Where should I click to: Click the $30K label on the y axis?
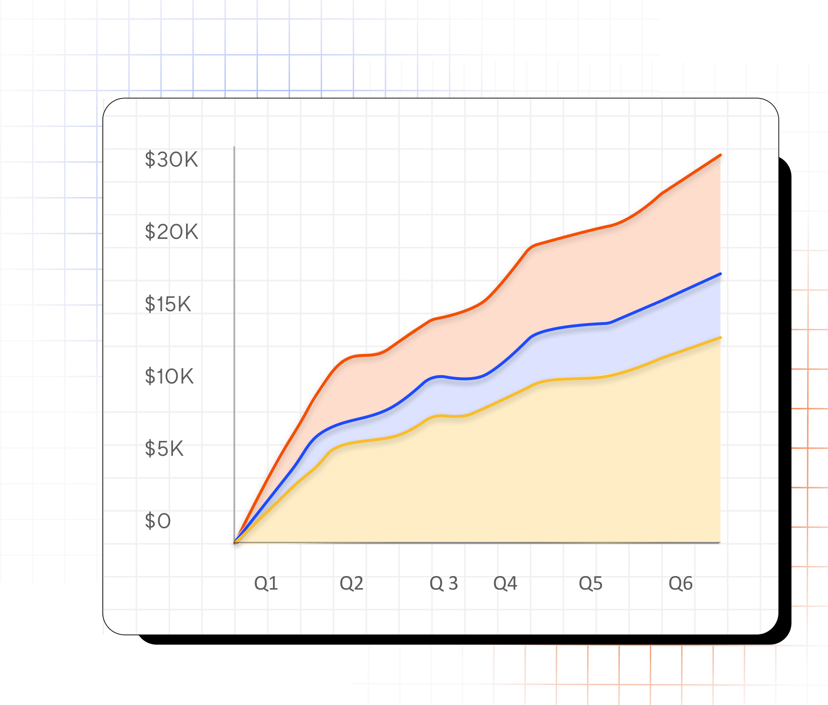click(x=171, y=160)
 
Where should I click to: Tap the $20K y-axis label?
click(x=171, y=232)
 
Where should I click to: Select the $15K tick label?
click(x=168, y=304)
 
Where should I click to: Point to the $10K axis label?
click(x=169, y=377)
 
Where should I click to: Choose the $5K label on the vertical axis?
click(x=164, y=449)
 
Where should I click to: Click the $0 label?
click(x=158, y=521)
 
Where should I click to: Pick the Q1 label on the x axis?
click(x=266, y=583)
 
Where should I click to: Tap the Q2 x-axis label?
click(x=351, y=583)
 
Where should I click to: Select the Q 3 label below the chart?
click(x=443, y=583)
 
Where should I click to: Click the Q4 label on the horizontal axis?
click(x=505, y=583)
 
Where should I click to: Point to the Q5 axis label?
click(x=591, y=583)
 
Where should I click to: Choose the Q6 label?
click(x=681, y=583)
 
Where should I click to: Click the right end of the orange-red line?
click(x=720, y=155)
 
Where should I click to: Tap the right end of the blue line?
click(x=720, y=274)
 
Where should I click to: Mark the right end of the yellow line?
click(x=720, y=338)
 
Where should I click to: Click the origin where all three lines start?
click(x=235, y=542)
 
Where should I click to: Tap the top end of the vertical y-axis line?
click(x=234, y=147)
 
